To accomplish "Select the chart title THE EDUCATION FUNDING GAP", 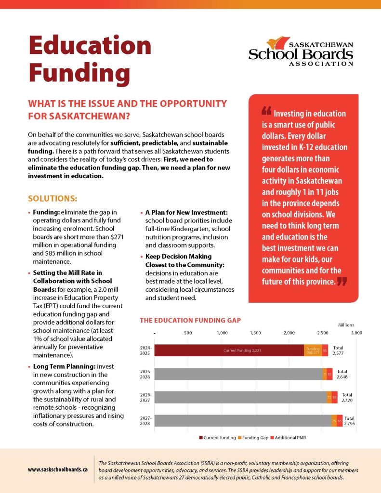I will click(190, 320).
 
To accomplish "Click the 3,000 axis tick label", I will click(356, 332).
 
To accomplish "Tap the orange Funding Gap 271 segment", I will click(313, 350).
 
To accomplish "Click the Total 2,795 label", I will click(349, 421).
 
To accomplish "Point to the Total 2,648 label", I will click(342, 374).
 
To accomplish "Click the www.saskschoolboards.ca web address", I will click(58, 468).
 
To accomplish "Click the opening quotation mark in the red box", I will click(266, 112).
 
